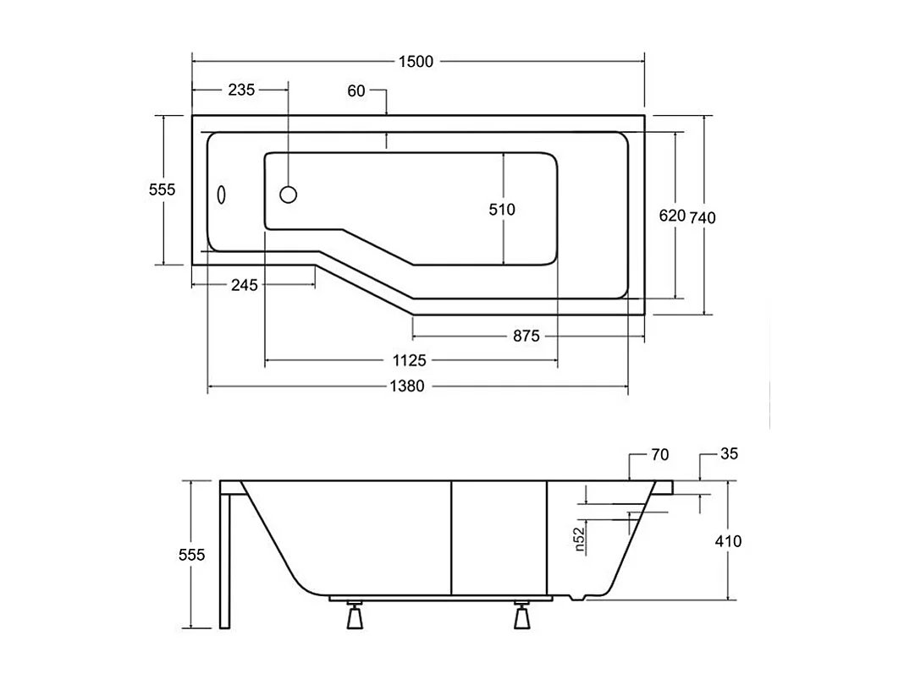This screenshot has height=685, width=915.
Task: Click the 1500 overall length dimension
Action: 416,61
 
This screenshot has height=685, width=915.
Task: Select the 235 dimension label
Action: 241,90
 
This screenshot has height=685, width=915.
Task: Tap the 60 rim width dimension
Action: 356,90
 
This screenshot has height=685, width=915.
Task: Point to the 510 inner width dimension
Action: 502,209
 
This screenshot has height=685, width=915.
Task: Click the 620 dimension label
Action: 672,216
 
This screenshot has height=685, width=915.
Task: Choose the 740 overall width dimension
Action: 703,217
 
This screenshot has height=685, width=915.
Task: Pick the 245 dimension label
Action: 244,285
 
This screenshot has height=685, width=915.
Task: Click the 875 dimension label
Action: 526,336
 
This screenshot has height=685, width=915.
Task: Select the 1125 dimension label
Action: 410,361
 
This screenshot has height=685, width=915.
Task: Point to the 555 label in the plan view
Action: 162,190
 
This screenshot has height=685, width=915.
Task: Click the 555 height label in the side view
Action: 191,555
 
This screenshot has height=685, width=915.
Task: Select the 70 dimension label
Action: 660,455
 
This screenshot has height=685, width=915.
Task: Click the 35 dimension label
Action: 729,454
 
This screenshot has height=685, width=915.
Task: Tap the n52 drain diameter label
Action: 580,540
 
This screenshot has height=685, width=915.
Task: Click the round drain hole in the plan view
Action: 288,195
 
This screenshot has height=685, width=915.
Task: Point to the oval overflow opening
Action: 222,195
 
